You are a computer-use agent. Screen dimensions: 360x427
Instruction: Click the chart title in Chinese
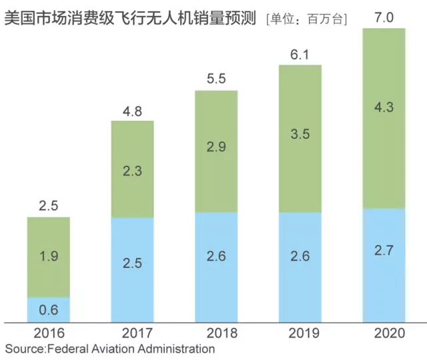131,18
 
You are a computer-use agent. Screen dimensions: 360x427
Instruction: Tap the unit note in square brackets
306,19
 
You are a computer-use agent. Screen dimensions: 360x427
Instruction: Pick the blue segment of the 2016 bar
49,310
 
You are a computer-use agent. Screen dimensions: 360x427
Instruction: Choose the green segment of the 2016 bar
49,257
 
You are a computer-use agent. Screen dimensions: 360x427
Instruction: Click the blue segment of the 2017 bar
132,270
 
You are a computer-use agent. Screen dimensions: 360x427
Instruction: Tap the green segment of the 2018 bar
216,151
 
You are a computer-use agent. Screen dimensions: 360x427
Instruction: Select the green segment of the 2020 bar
384,118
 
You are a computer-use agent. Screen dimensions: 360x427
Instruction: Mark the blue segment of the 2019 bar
300,267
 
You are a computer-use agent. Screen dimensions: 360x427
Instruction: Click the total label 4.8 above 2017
132,110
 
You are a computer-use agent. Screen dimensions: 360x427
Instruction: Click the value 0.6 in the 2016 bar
49,310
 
